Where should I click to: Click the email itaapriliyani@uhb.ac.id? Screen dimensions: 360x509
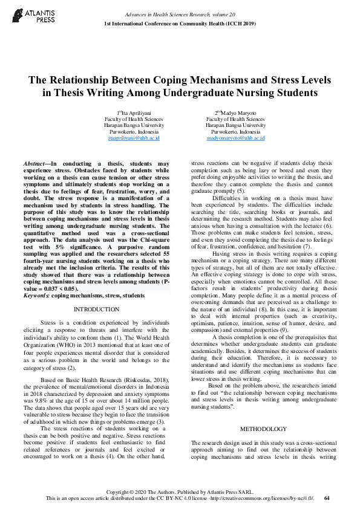[134, 138]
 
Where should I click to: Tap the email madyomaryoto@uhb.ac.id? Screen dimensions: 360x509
[235, 138]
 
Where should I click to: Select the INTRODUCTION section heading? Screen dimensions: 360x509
[96, 309]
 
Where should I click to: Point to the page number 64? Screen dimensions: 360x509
[327, 498]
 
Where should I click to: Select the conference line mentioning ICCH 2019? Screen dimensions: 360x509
[180, 23]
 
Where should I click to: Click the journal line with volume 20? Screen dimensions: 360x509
[180, 13]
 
